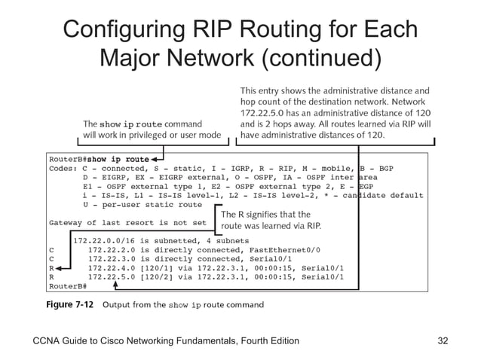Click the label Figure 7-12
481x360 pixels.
(x=69, y=305)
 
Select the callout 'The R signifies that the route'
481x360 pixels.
(x=271, y=220)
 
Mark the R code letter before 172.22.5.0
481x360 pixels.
(x=51, y=276)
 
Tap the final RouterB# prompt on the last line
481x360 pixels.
(x=67, y=286)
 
